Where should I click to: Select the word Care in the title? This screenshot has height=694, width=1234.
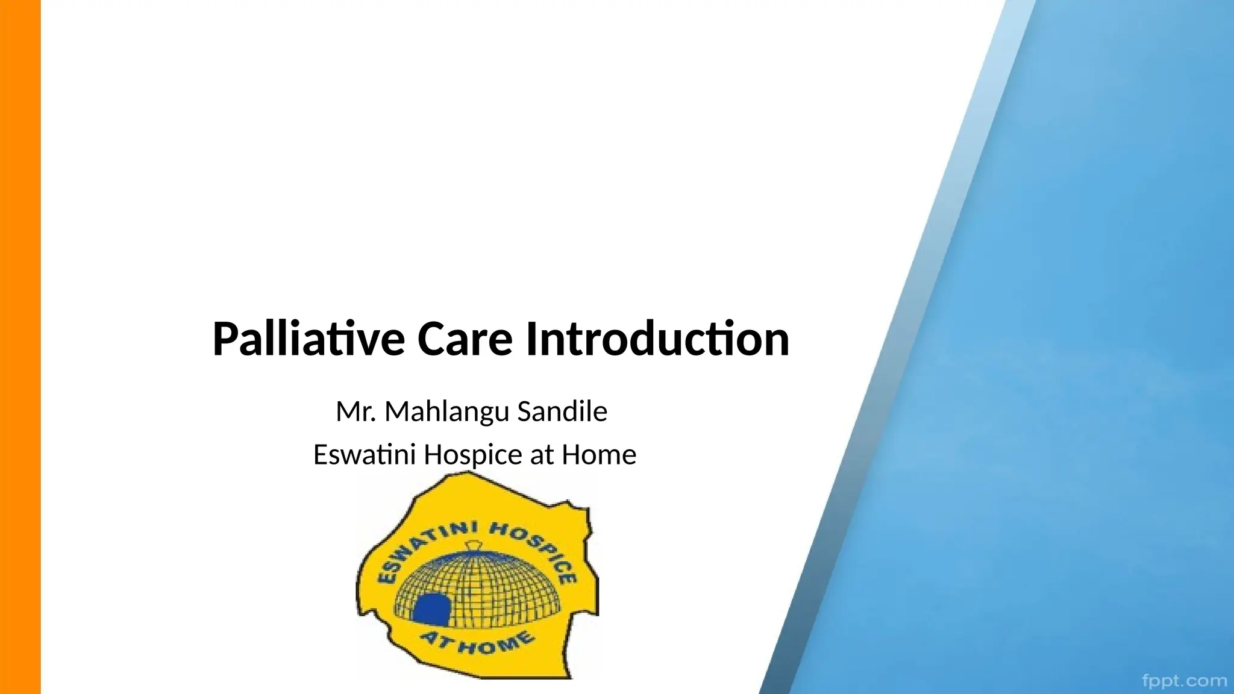coord(464,339)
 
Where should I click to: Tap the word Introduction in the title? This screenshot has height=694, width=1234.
coord(657,339)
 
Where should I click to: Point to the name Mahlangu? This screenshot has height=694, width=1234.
coord(447,412)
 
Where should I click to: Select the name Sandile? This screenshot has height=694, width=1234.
coord(562,412)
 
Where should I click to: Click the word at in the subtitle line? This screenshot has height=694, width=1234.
coord(541,455)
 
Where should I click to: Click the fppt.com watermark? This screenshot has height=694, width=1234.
coord(1185,681)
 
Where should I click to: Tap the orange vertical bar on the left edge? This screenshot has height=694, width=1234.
coord(20,347)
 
